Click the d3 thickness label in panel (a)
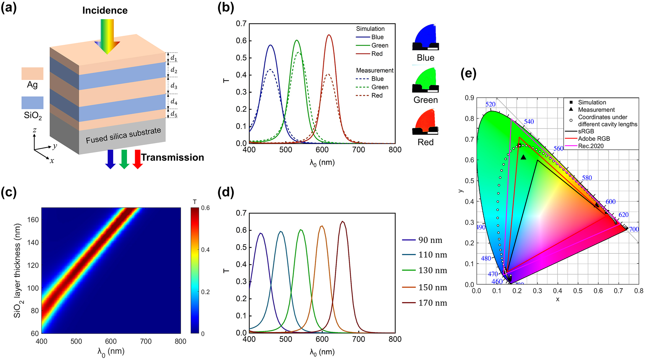pos(174,86)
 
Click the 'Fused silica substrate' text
pos(123,135)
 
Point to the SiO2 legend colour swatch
pos(32,102)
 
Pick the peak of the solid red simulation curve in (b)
pos(329,35)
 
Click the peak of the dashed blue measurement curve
pos(270,70)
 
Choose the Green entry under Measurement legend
pos(379,87)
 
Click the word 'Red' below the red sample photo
pos(425,142)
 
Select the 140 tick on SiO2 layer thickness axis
pos(33,242)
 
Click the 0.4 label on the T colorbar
pos(205,250)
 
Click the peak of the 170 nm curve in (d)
pos(343,221)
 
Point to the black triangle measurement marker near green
pos(523,157)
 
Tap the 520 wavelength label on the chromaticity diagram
pos(490,104)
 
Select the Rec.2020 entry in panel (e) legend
pos(591,146)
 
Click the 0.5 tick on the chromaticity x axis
pos(578,291)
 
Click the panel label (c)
pos(9,192)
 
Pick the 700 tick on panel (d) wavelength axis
pos(358,339)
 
